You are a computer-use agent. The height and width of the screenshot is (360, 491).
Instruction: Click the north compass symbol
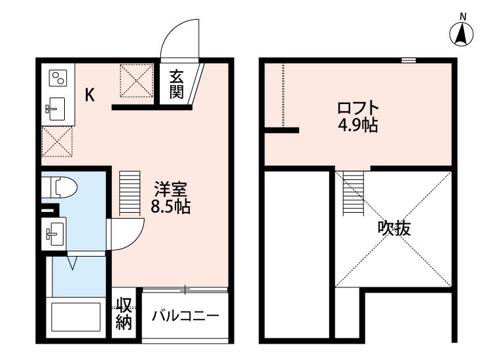pyautogui.click(x=463, y=33)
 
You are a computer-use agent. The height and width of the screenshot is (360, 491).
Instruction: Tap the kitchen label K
pyautogui.click(x=90, y=96)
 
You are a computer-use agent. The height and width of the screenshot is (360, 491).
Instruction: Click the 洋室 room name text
pyautogui.click(x=171, y=190)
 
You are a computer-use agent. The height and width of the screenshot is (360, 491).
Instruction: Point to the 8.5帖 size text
pyautogui.click(x=171, y=207)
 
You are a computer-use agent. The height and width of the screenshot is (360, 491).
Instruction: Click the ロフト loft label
pyautogui.click(x=357, y=107)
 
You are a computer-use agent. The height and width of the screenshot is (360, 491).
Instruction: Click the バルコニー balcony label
pyautogui.click(x=185, y=316)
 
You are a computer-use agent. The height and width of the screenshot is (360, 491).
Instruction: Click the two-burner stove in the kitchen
pyautogui.click(x=58, y=79)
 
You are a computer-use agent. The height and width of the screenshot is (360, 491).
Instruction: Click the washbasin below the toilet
pyautogui.click(x=54, y=231)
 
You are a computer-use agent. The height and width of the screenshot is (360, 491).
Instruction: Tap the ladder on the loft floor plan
pyautogui.click(x=353, y=190)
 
